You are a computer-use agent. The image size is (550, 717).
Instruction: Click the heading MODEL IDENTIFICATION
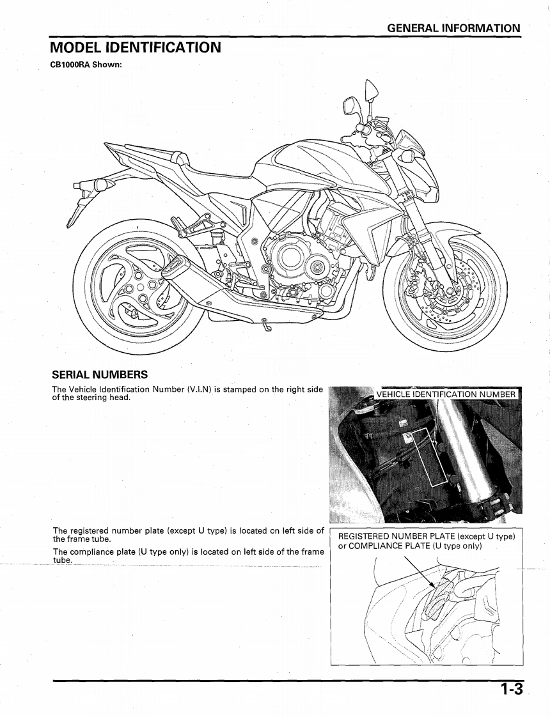[x=136, y=48]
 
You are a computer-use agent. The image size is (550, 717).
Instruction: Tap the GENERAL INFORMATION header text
[x=453, y=28]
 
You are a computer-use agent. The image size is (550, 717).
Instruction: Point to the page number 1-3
[x=512, y=690]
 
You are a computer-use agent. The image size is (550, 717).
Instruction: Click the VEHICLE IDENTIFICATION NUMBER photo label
[x=446, y=394]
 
